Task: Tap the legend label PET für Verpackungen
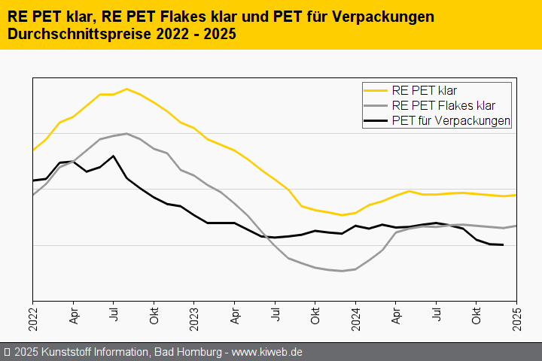pos(452,120)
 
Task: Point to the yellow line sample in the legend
pos(376,90)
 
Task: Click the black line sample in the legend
pos(376,120)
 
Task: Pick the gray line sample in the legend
pos(376,105)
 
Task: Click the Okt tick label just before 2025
pos(476,314)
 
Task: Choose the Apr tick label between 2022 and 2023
pos(73,314)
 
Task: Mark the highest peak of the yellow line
pos(126,89)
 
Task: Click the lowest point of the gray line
pos(342,271)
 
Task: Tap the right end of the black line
pos(503,244)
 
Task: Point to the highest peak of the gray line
pos(126,134)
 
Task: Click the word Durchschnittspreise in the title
pos(72,35)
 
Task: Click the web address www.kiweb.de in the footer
pos(267,352)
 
